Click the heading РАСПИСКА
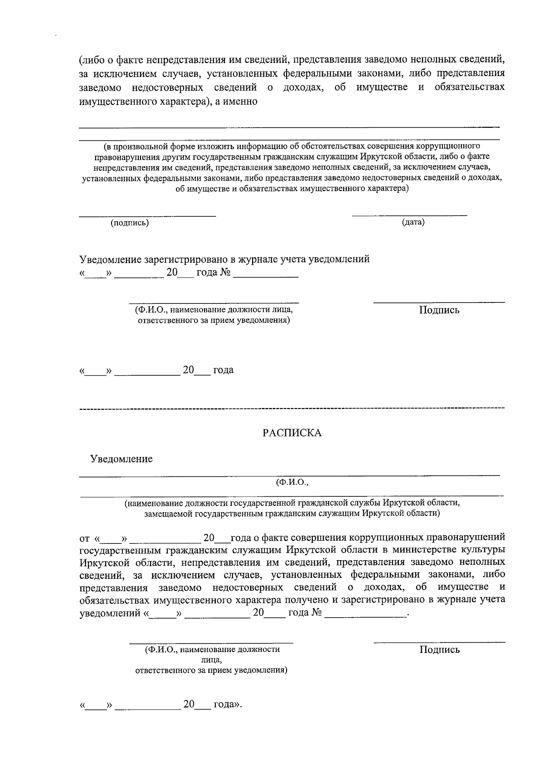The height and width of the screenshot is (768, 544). pos(292,433)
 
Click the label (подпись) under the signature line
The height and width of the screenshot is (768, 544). pos(130,223)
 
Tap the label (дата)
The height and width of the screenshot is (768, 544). pos(413,222)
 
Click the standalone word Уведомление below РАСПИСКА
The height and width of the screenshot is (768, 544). pos(121,459)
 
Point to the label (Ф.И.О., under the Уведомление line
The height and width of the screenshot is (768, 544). pos(292,482)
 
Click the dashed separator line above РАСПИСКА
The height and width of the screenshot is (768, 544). pos(292,409)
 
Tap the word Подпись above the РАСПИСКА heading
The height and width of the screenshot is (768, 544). pos(439,310)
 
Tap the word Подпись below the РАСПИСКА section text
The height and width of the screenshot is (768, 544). pos(439,650)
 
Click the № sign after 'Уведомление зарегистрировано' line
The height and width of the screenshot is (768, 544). pos(225,273)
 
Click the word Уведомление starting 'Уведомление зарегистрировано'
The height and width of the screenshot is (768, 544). pos(111,259)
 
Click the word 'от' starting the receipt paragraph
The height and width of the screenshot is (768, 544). pos(84,538)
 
